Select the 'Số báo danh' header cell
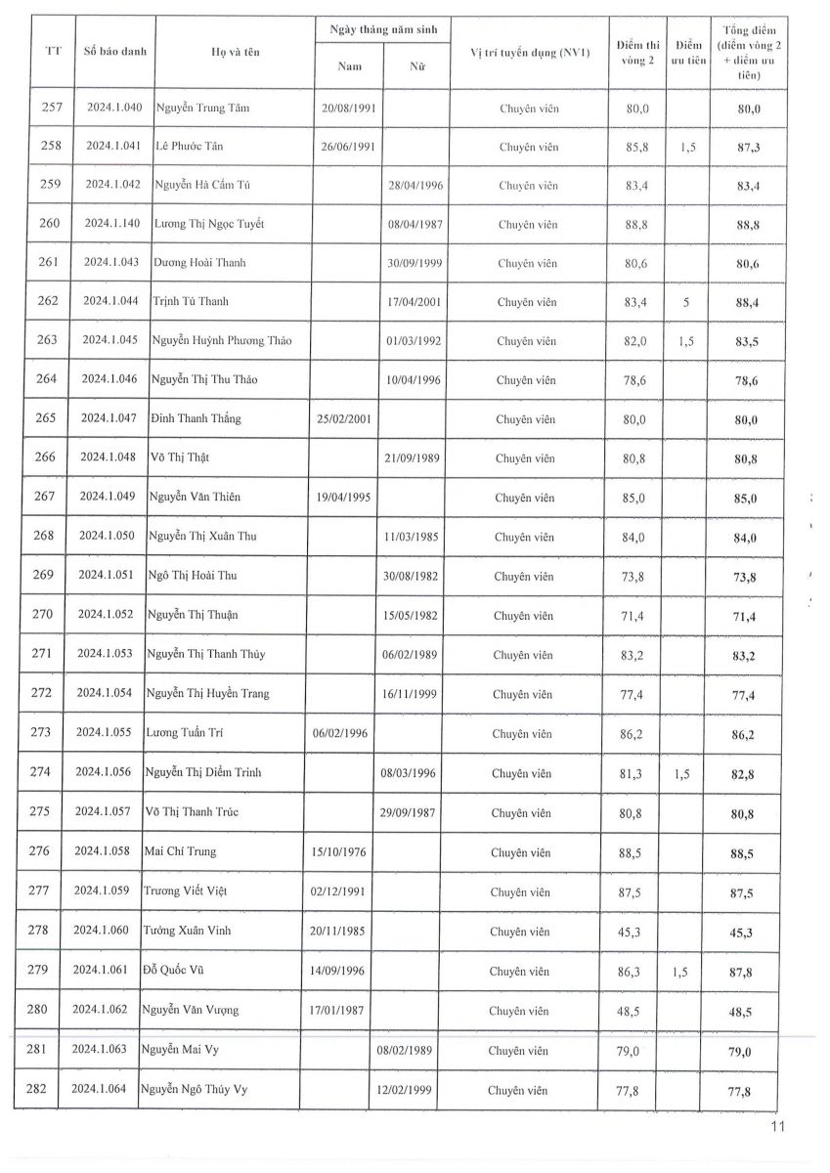point(114,50)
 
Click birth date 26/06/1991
point(348,147)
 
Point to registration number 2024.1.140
point(112,224)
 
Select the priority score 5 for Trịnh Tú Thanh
point(686,302)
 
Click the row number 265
point(46,418)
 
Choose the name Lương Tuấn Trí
point(187,733)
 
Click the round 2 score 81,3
point(633,773)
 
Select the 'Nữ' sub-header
point(416,67)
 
